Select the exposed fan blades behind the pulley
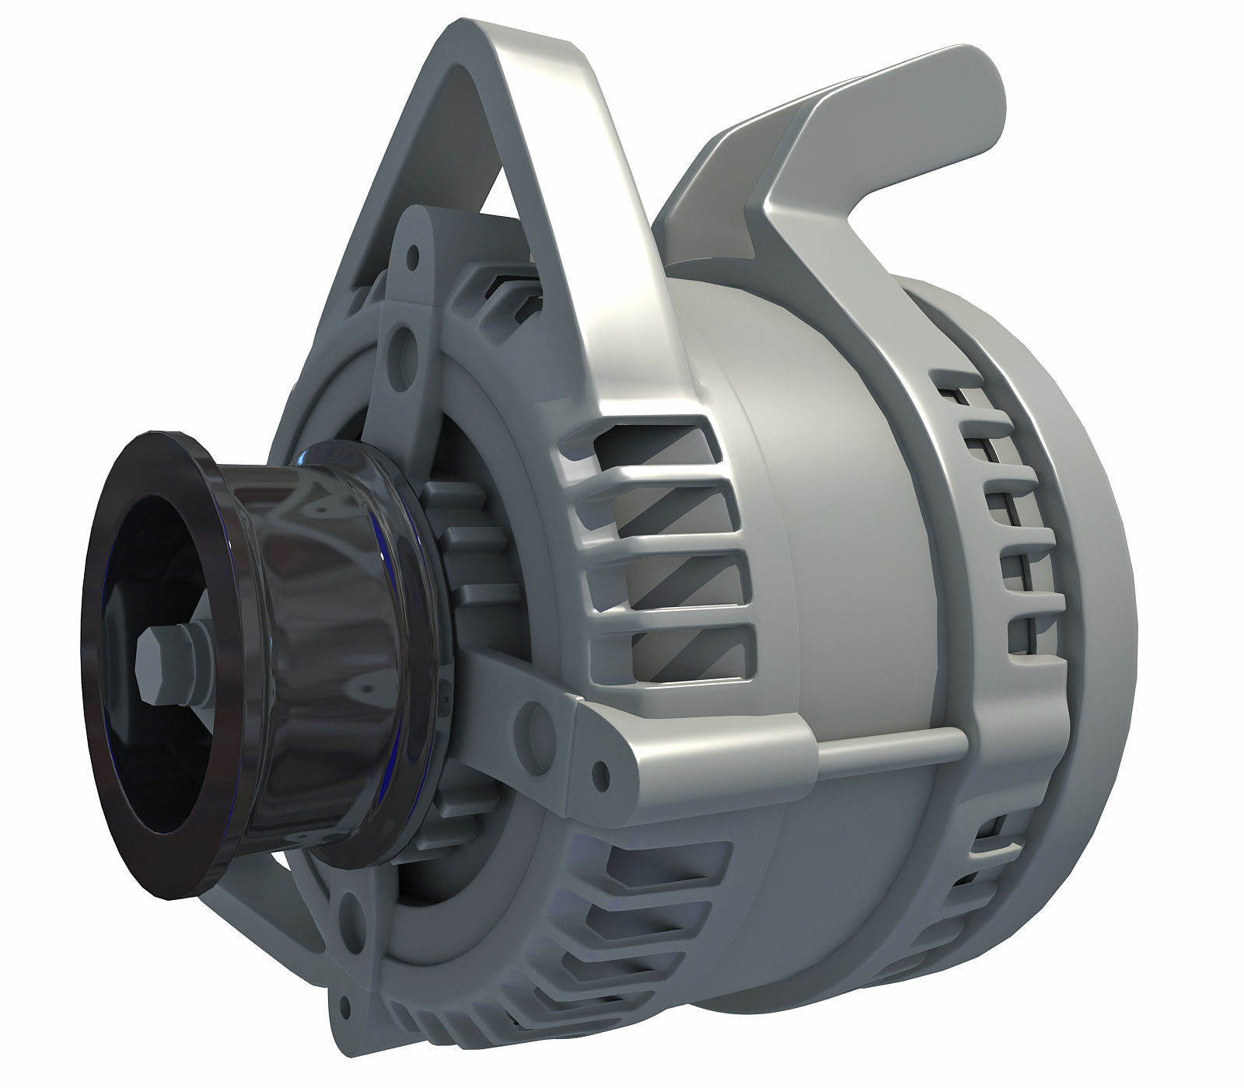click(x=459, y=544)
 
